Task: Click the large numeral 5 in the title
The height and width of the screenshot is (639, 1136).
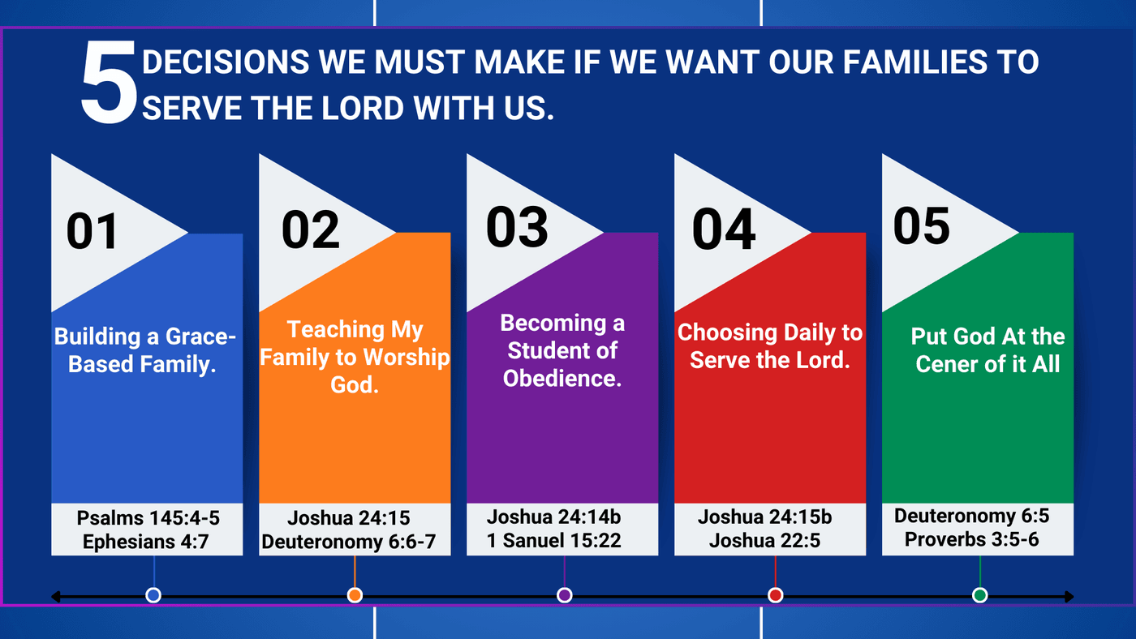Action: click(109, 82)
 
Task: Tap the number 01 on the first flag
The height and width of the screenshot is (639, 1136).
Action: click(93, 232)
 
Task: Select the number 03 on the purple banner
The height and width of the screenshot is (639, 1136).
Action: click(517, 227)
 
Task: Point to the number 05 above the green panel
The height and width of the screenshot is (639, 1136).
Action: click(922, 226)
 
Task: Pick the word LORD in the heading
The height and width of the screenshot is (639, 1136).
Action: click(363, 108)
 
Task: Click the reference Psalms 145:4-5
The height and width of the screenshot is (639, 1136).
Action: click(148, 518)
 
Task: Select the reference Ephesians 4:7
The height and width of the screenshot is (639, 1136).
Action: click(145, 542)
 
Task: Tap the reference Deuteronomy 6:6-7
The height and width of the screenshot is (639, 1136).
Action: click(348, 542)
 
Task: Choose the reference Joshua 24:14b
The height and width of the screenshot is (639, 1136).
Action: click(553, 517)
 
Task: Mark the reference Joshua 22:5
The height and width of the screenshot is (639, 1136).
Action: click(764, 541)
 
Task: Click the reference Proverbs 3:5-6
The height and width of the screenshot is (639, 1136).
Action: click(972, 539)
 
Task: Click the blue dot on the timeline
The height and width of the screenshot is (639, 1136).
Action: click(153, 595)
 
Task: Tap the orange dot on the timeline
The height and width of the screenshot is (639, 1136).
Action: click(355, 595)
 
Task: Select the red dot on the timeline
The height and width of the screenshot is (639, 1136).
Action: click(775, 595)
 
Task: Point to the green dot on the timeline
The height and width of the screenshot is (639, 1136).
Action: click(980, 595)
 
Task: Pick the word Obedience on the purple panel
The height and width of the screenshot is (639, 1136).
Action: click(562, 379)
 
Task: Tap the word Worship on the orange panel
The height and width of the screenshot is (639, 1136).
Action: click(407, 358)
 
